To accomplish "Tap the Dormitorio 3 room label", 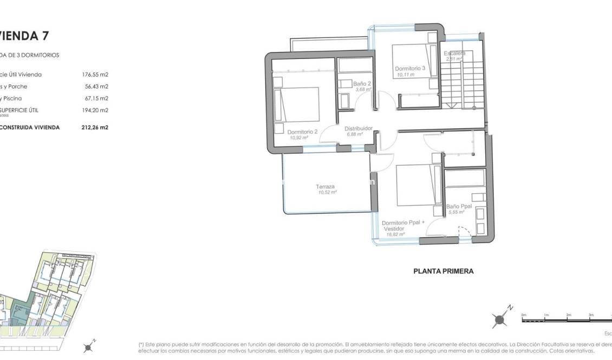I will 410,69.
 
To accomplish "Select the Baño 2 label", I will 362,84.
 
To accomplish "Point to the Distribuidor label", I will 359,128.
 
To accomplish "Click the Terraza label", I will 325,187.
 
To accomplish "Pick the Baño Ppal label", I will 459,207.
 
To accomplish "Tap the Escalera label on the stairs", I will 454,54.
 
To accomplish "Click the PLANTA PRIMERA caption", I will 443,271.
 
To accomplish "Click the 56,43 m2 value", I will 97,87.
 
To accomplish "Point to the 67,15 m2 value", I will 97,99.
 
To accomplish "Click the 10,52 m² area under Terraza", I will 328,192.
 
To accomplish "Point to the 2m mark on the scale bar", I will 569,315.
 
